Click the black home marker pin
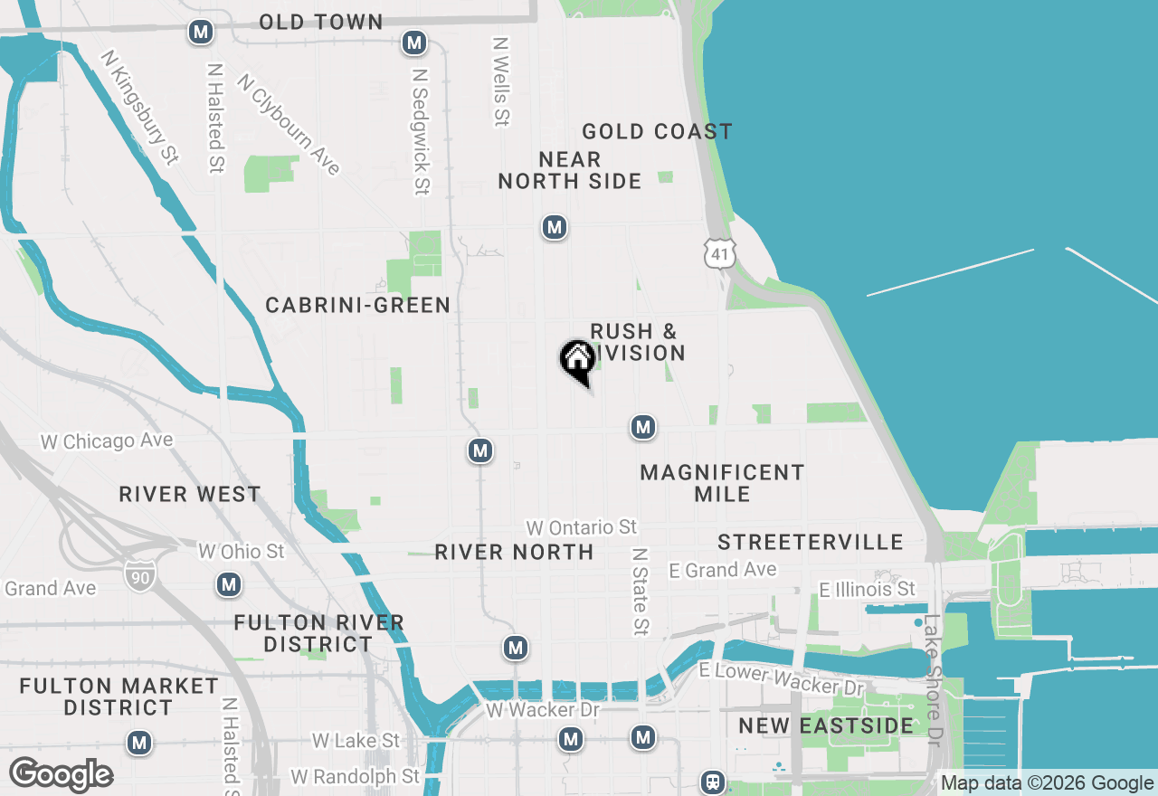tap(577, 360)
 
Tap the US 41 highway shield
tap(720, 253)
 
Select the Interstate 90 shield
tap(140, 575)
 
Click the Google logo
tap(61, 775)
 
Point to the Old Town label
tap(321, 22)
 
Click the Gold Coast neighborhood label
tap(657, 132)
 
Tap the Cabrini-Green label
tap(358, 306)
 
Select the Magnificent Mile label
tap(722, 483)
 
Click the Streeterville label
tap(811, 542)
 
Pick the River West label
tap(190, 494)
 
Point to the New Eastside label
tap(826, 725)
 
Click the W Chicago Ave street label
tap(107, 441)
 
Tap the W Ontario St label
tap(582, 526)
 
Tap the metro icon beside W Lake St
tap(139, 744)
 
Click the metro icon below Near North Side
tap(555, 227)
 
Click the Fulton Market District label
tap(119, 696)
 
